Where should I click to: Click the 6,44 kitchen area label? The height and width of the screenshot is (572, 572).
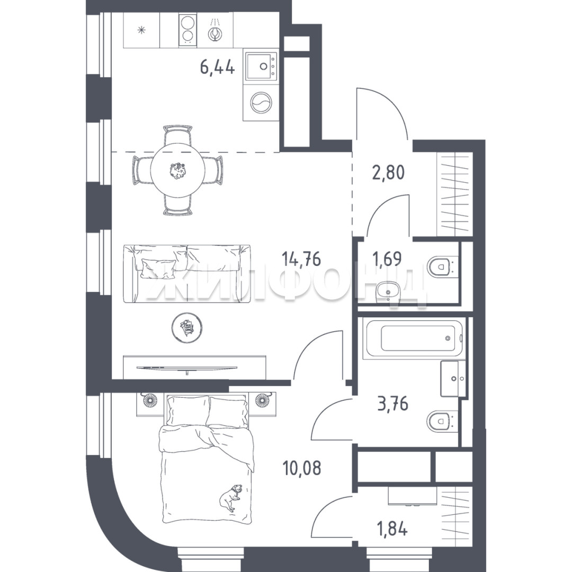(217, 67)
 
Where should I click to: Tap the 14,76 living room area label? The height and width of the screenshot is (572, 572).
(301, 259)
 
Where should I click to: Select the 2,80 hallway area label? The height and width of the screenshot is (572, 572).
(388, 172)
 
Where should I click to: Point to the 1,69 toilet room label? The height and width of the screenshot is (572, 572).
(387, 259)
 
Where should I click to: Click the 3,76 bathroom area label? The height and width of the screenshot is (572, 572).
(392, 404)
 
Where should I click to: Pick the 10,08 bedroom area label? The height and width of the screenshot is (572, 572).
(302, 468)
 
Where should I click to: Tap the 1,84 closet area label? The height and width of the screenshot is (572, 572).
(392, 529)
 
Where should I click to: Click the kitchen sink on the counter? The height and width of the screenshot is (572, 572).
(261, 66)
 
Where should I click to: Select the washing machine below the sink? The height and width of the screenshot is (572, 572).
(261, 102)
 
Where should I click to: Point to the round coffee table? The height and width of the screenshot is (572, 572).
(187, 327)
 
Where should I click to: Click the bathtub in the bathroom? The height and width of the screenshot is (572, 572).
(415, 338)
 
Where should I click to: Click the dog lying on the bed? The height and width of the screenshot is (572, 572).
(229, 497)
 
